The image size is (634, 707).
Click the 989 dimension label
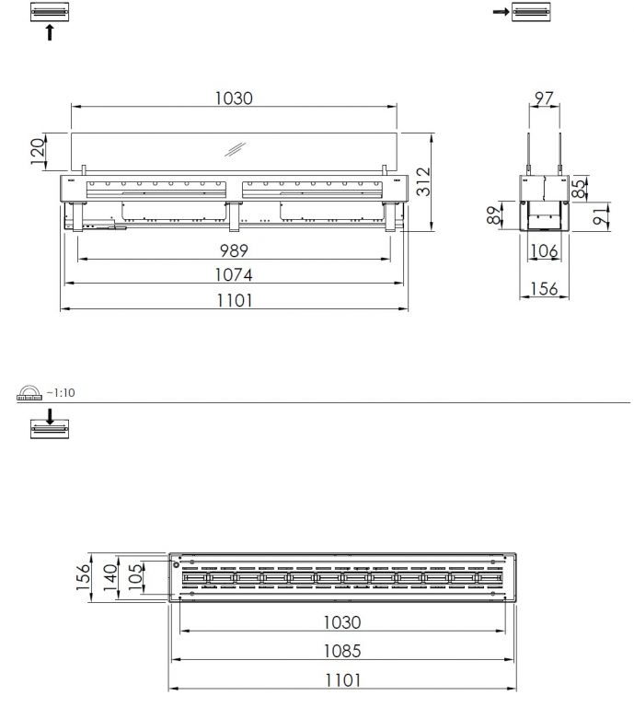click(x=234, y=250)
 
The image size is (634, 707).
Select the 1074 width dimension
click(x=234, y=274)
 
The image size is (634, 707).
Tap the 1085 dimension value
click(x=342, y=651)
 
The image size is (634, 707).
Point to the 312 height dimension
click(x=423, y=181)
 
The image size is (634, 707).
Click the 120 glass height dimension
click(x=38, y=152)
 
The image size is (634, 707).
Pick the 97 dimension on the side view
click(x=544, y=98)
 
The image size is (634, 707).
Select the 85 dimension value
click(x=580, y=189)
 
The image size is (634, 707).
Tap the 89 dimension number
click(x=494, y=215)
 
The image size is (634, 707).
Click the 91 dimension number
click(x=600, y=216)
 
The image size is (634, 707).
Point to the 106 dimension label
click(x=545, y=250)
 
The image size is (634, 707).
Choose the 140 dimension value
click(x=110, y=578)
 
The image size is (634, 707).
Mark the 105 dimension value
click(x=135, y=578)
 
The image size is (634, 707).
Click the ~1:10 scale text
click(x=61, y=393)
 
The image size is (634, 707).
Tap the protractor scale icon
click(x=29, y=393)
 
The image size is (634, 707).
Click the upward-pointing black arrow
click(x=50, y=32)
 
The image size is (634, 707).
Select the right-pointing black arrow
click(x=501, y=12)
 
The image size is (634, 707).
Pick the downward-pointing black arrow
click(x=50, y=417)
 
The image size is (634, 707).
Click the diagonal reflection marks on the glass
click(x=236, y=150)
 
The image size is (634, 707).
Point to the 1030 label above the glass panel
click(x=234, y=99)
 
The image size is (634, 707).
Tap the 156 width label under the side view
click(x=545, y=288)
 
